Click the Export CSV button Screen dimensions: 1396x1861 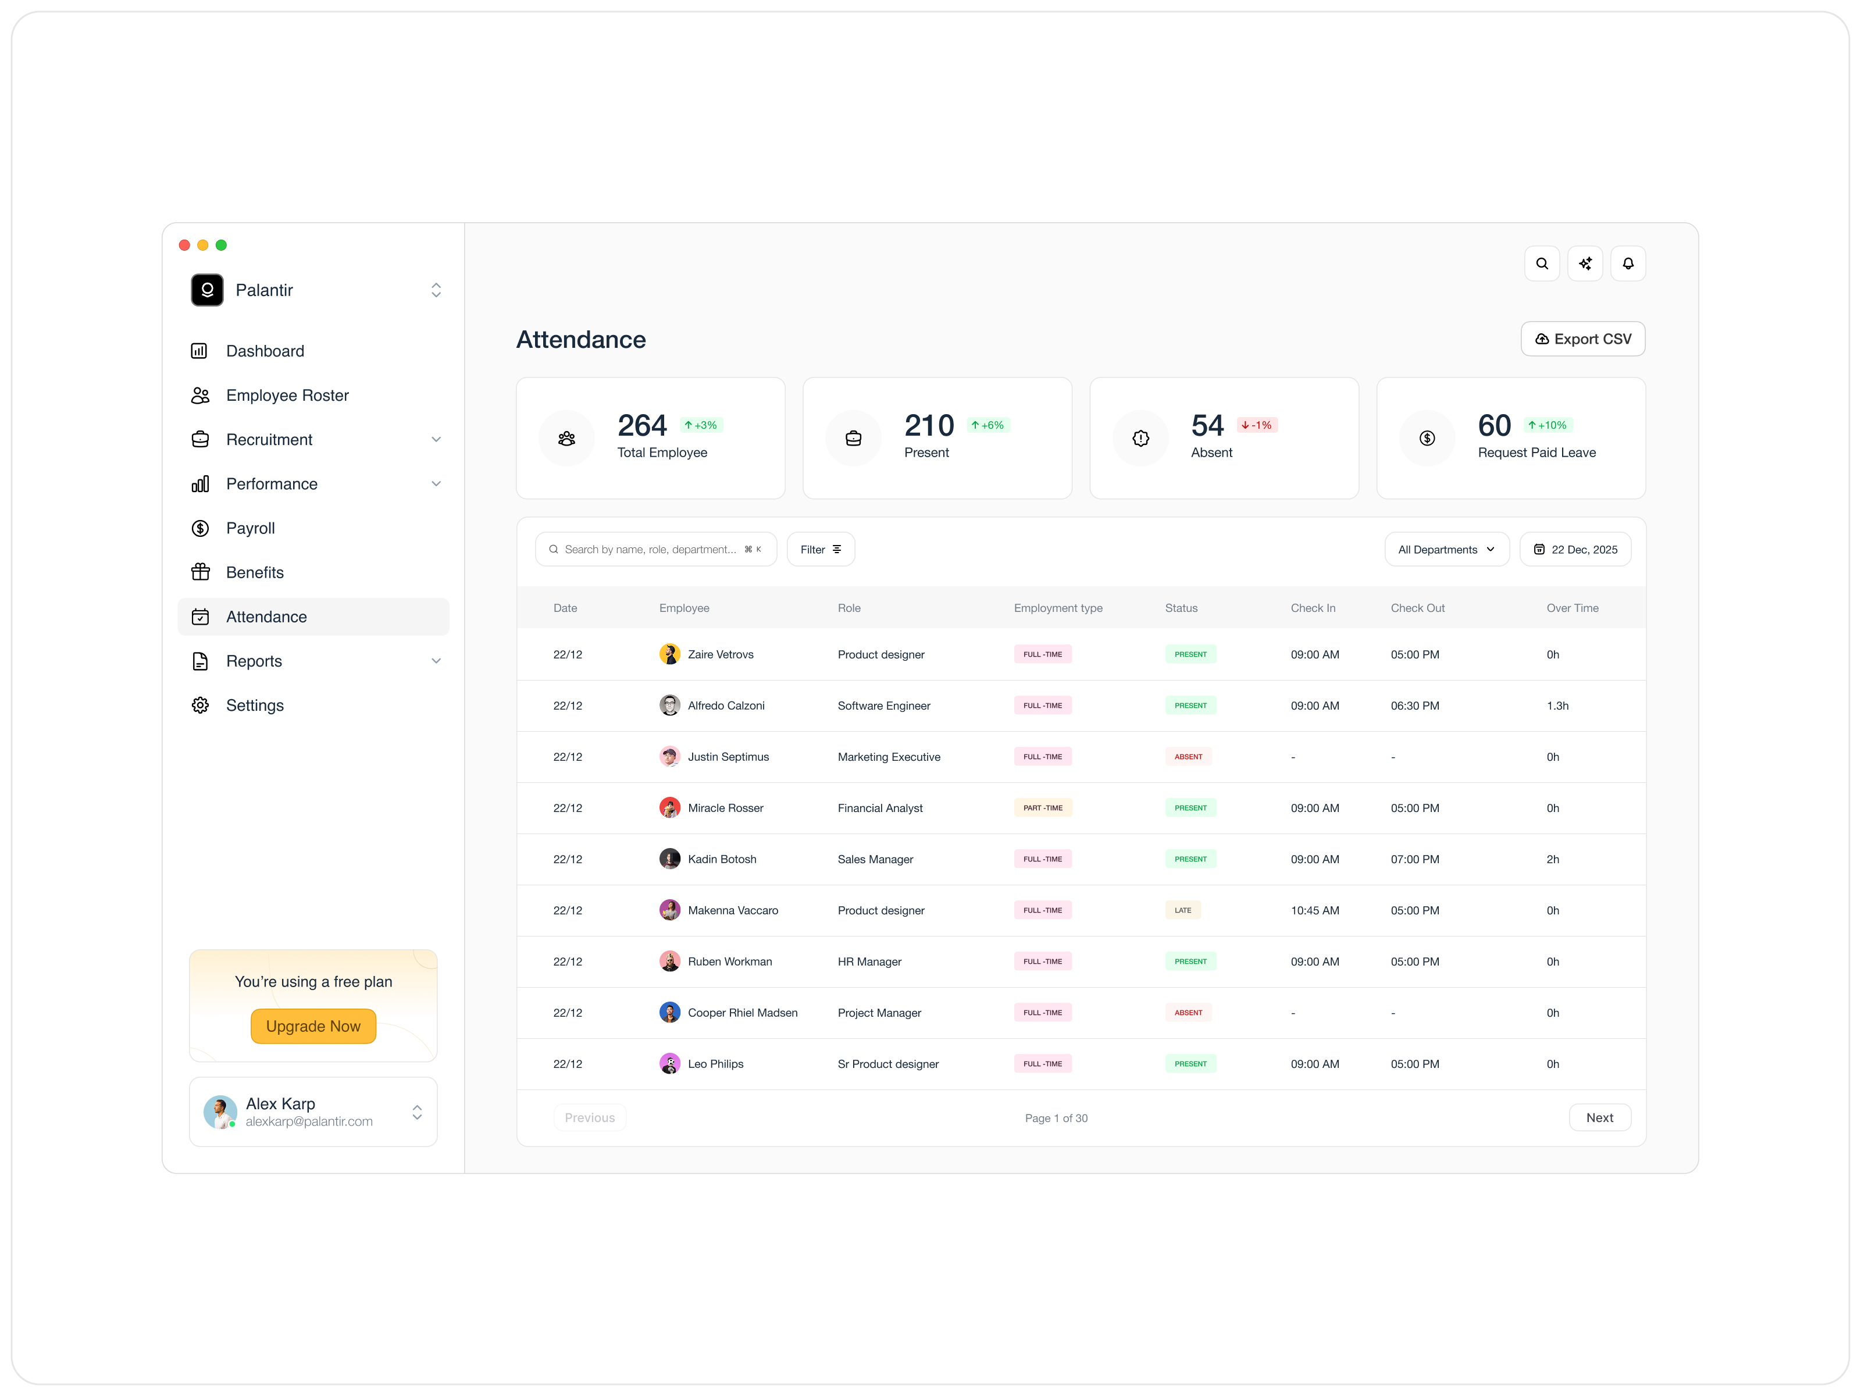coord(1582,339)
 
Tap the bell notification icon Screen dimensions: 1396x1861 coord(1627,263)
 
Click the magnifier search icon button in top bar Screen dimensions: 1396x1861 coord(1541,263)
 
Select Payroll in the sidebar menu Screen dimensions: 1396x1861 coord(250,528)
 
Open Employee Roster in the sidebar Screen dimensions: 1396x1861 coord(287,396)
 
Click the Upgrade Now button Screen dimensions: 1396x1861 coord(313,1027)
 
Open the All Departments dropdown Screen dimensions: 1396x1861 coord(1445,550)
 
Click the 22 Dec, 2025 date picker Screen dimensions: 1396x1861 coord(1574,550)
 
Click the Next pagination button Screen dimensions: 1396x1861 coord(1599,1117)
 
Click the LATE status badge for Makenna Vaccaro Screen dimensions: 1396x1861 coord(1182,910)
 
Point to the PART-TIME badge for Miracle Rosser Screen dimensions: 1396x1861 coord(1042,808)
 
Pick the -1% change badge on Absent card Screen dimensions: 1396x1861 coord(1256,425)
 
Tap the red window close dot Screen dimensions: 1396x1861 coord(184,245)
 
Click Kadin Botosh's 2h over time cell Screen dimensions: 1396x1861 coord(1552,859)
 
